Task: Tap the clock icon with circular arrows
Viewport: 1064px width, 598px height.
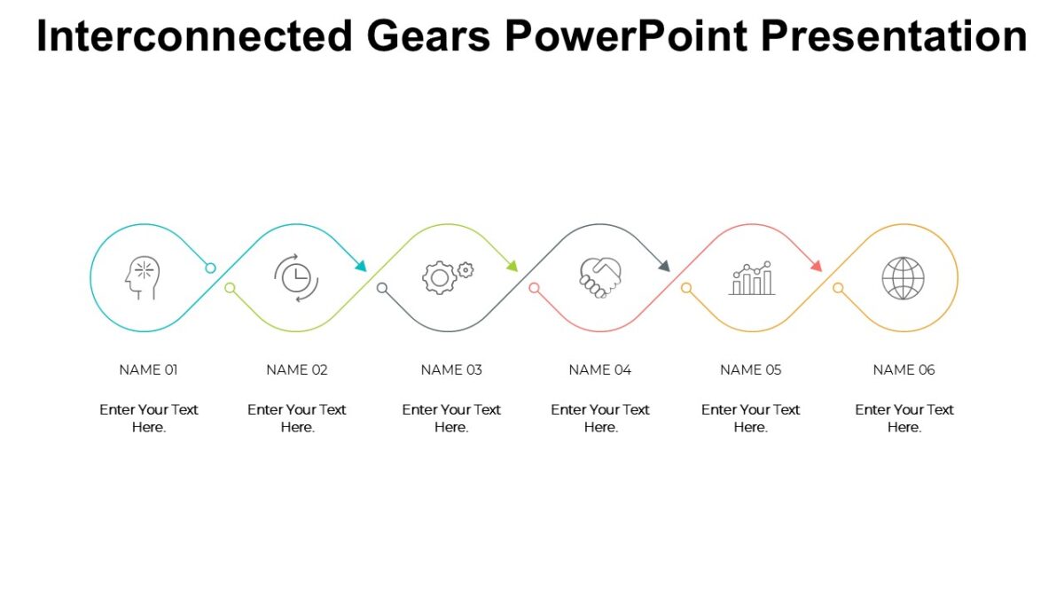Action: point(296,277)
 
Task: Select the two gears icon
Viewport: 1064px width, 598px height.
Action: point(447,276)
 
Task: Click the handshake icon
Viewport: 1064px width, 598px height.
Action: point(600,277)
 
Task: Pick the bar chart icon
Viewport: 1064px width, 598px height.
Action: point(752,278)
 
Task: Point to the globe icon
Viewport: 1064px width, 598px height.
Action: point(903,278)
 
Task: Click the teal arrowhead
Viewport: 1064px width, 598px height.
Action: point(360,265)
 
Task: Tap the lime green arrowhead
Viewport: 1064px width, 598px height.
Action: point(512,265)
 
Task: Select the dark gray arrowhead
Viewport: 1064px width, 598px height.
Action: point(663,265)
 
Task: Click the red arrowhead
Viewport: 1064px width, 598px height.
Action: point(816,265)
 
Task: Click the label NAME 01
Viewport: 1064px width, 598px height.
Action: point(148,369)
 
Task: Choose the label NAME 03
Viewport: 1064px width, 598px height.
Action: point(451,369)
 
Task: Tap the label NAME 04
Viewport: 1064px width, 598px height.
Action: point(600,369)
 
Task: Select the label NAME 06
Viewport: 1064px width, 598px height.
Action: point(904,369)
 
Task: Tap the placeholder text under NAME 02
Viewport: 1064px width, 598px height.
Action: point(297,418)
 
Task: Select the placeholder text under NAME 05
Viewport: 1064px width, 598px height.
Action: point(750,418)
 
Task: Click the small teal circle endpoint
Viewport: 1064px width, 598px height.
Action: point(210,268)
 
